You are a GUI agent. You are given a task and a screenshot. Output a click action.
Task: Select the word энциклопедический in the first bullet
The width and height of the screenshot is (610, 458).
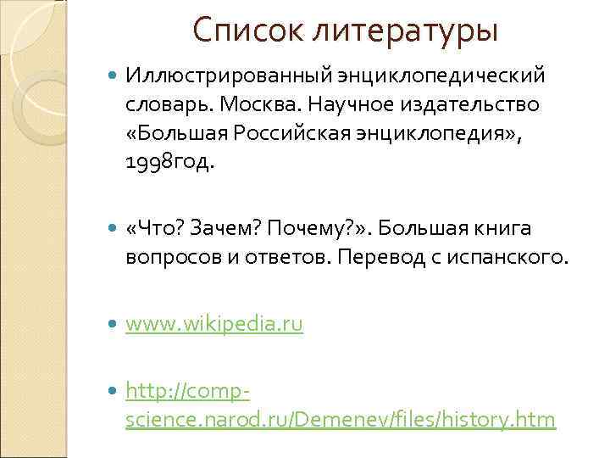tap(436, 76)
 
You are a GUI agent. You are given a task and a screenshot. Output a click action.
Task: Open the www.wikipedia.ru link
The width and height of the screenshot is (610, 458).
tap(213, 323)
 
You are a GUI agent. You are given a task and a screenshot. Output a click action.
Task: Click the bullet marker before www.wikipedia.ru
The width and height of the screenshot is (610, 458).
tap(114, 323)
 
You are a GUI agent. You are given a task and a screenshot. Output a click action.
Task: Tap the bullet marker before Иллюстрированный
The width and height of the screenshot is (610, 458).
tap(114, 76)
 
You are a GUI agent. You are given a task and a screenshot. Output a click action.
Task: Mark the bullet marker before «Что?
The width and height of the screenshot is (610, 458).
tap(114, 228)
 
